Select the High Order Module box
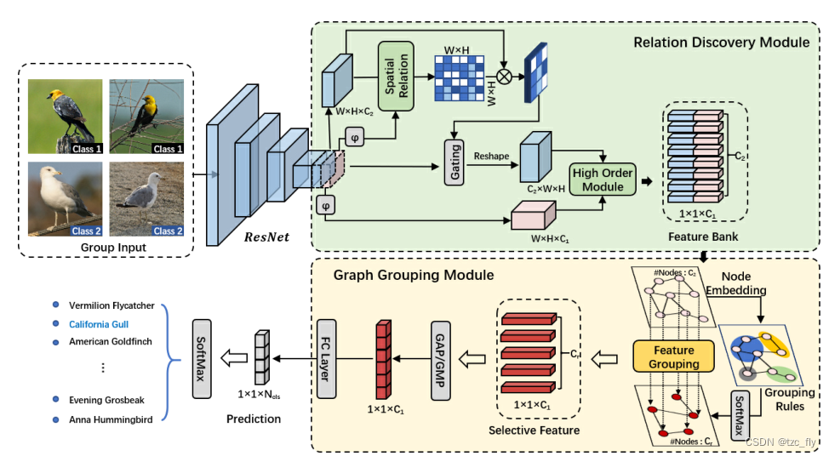coord(603,179)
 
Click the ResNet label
coord(267,235)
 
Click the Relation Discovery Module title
coord(721,42)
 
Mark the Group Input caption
coord(107,248)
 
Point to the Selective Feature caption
coord(539,430)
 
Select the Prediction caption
coord(253,419)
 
